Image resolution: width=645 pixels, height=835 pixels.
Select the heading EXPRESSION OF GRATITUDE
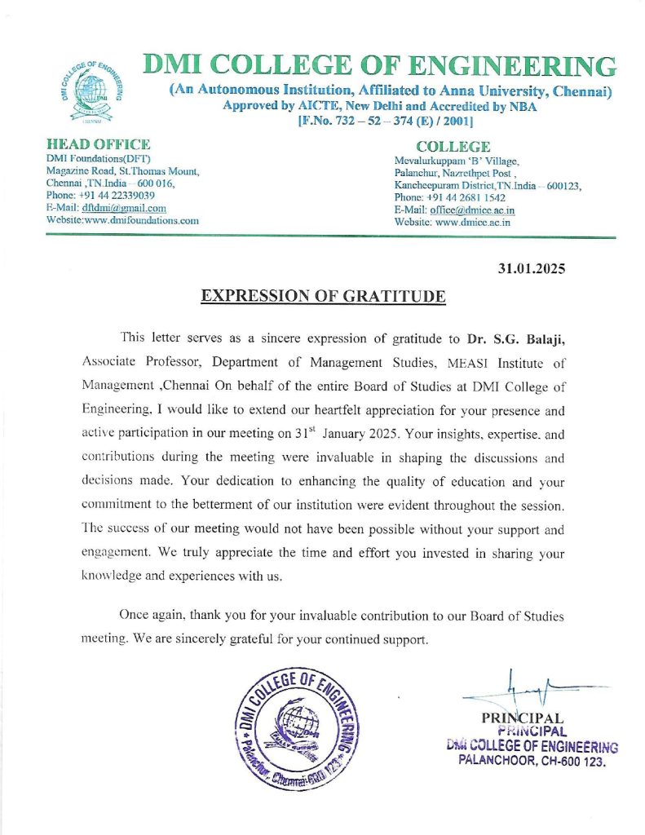(x=323, y=295)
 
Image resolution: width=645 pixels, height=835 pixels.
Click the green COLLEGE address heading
(x=453, y=147)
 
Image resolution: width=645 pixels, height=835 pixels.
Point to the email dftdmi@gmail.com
(x=123, y=208)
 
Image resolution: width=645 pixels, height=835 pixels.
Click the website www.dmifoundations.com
(x=142, y=220)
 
